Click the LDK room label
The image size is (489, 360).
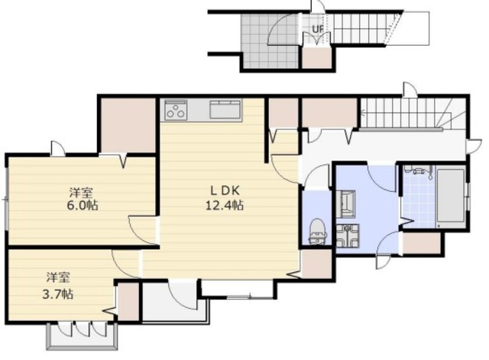coord(225,190)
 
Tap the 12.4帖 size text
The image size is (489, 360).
coord(225,206)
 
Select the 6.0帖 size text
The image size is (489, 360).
coord(83,206)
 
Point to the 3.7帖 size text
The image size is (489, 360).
coord(58,294)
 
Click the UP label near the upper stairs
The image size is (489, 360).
coord(318,29)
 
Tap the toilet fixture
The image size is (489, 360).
coord(318,231)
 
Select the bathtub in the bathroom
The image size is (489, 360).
coord(450,196)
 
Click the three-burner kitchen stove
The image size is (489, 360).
coord(176,110)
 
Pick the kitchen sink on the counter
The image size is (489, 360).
coord(225,109)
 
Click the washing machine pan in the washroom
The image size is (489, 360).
coord(348,236)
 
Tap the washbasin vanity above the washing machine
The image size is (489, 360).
coord(346,204)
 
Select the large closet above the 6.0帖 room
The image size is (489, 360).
coord(128,125)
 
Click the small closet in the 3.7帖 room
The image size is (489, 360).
coord(128,301)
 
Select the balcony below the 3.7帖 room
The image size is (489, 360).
coord(82,336)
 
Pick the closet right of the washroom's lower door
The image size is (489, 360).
coord(422,243)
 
